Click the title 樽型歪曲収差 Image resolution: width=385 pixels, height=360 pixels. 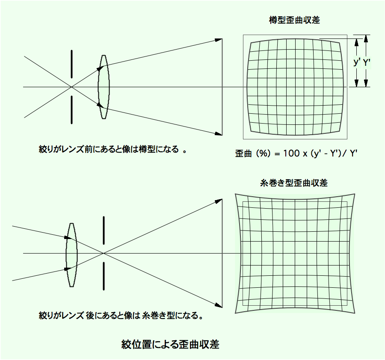pos(294,20)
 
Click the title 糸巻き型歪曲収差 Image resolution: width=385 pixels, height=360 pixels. pos(293,183)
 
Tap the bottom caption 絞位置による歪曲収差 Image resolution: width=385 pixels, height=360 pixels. pos(170,344)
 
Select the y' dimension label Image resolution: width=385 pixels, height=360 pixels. pos(356,62)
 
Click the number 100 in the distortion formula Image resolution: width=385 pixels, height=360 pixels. pos(291,153)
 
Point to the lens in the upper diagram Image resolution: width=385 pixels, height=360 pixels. pos(104,87)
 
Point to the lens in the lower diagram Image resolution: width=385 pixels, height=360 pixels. pos(71,255)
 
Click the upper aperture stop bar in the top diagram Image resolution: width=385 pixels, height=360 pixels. pos(72,64)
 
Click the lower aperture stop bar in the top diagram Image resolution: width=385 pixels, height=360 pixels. pos(72,110)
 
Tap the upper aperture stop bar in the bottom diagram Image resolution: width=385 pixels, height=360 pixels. pos(104,230)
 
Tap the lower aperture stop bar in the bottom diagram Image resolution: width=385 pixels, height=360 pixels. pos(104,276)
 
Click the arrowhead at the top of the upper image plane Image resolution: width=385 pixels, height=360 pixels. pos(219,40)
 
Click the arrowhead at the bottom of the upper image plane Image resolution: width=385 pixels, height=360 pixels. pos(219,134)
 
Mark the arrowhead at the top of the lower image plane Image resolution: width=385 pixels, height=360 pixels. pos(219,201)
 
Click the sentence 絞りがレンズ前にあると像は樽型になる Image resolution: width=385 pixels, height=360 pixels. pos(109,149)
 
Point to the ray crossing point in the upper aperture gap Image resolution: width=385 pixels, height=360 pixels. pos(71,87)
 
